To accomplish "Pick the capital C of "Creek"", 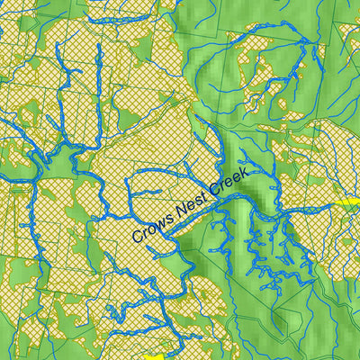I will [213, 192].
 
